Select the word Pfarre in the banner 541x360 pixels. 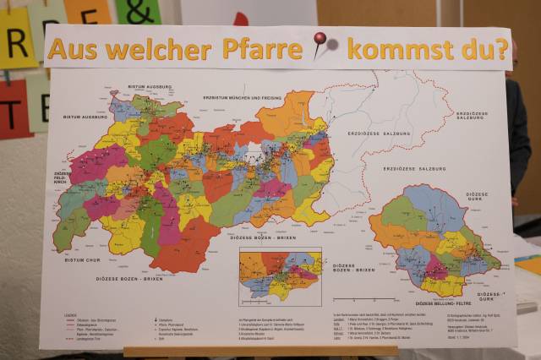click(x=262, y=48)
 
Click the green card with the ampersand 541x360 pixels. click(x=138, y=11)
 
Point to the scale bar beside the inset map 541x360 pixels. click(x=359, y=298)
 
